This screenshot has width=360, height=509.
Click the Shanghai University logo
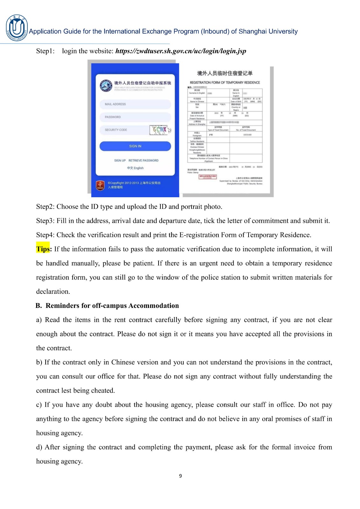click(17, 28)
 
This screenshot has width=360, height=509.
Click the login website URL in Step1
click(180, 51)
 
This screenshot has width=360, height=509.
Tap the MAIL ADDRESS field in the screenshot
click(135, 104)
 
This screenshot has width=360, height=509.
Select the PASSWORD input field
click(135, 117)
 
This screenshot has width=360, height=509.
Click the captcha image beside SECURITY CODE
click(160, 130)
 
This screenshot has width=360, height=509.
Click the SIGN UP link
click(120, 161)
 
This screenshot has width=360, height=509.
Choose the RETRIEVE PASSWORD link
click(143, 161)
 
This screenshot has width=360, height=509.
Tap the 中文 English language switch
click(135, 168)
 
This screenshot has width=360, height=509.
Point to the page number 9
click(180, 476)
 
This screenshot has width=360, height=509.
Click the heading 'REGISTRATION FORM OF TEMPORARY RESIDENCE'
click(225, 82)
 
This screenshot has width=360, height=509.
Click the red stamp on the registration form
click(208, 177)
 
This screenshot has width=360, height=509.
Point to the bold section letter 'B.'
click(39, 306)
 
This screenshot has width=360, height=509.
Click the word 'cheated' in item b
click(102, 391)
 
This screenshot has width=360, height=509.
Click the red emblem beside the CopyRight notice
click(100, 185)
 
